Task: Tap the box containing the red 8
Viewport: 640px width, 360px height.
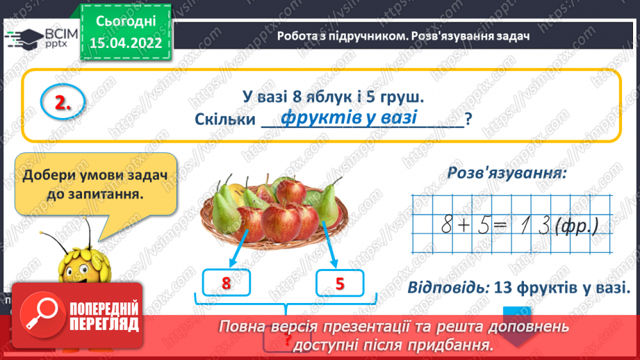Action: pos(225,283)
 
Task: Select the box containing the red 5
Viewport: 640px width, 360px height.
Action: pos(340,283)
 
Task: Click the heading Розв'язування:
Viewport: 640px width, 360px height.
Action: pos(505,173)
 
